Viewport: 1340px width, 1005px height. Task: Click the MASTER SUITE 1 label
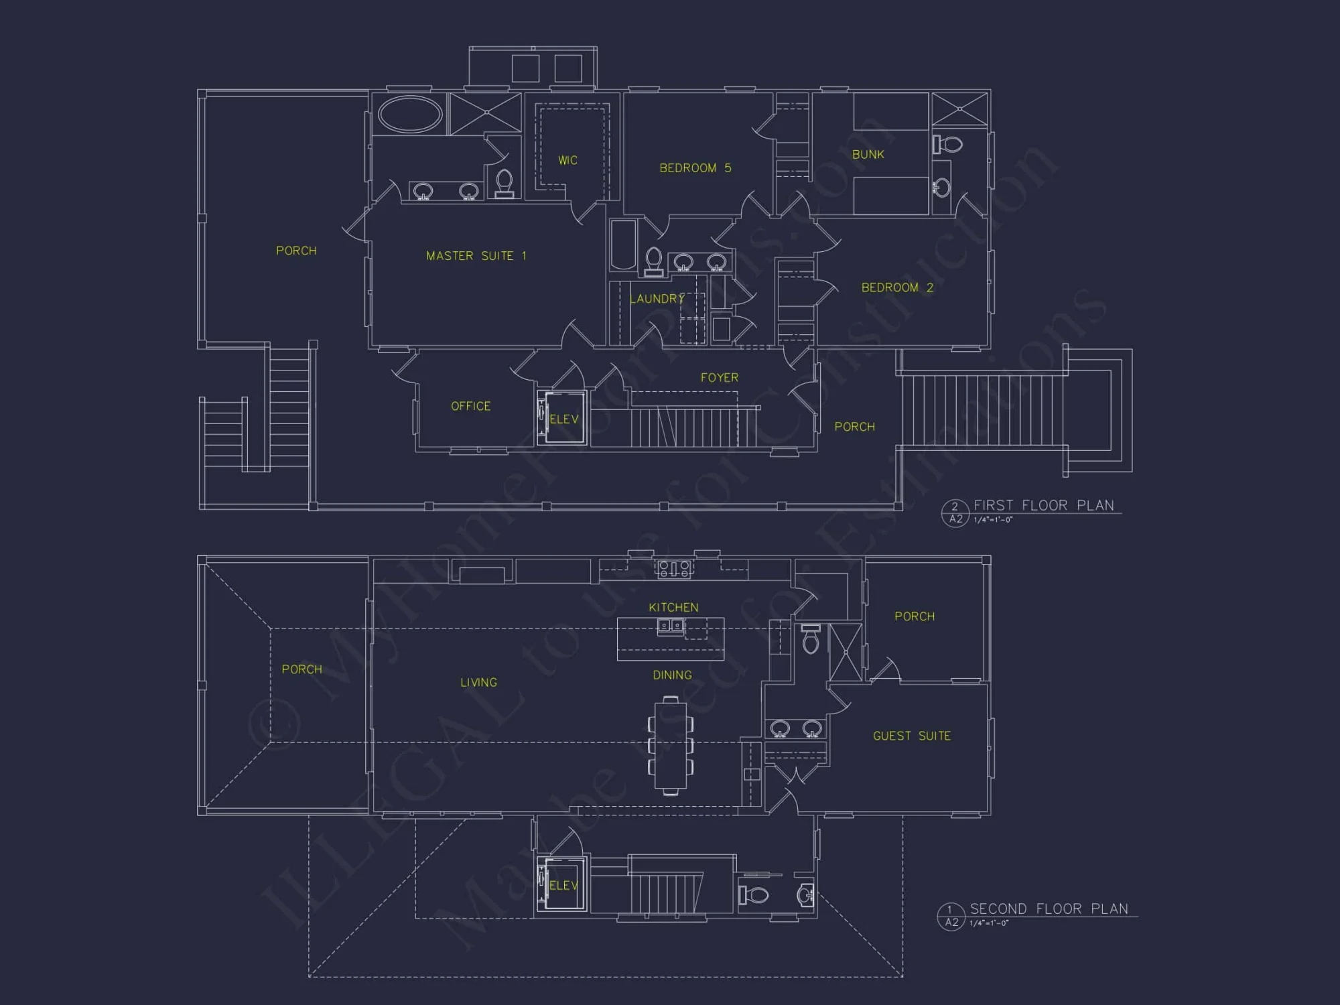coord(476,256)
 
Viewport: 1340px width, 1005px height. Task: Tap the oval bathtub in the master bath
coord(410,114)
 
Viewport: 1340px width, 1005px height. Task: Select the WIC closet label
coord(567,161)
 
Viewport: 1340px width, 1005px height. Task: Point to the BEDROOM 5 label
coord(695,168)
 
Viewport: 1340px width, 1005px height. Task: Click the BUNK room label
coord(868,155)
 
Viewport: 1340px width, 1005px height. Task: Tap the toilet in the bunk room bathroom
coord(948,144)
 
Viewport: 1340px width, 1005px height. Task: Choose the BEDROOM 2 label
coord(896,287)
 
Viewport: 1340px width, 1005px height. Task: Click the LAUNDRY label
coord(657,299)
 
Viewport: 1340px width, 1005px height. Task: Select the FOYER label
coord(719,378)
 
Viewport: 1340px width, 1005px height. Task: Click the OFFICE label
coord(470,406)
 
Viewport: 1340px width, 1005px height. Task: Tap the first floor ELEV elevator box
coord(564,418)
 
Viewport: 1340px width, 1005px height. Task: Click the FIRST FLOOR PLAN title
coord(1043,505)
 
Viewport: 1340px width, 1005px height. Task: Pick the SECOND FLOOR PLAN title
coord(1049,909)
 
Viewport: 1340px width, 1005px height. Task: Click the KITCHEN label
coord(673,608)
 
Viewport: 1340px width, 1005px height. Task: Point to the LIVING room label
coord(478,683)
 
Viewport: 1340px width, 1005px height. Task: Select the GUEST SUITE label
coord(911,736)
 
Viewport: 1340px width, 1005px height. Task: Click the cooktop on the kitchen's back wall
coord(674,569)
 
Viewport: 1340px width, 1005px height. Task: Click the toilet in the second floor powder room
coord(754,894)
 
